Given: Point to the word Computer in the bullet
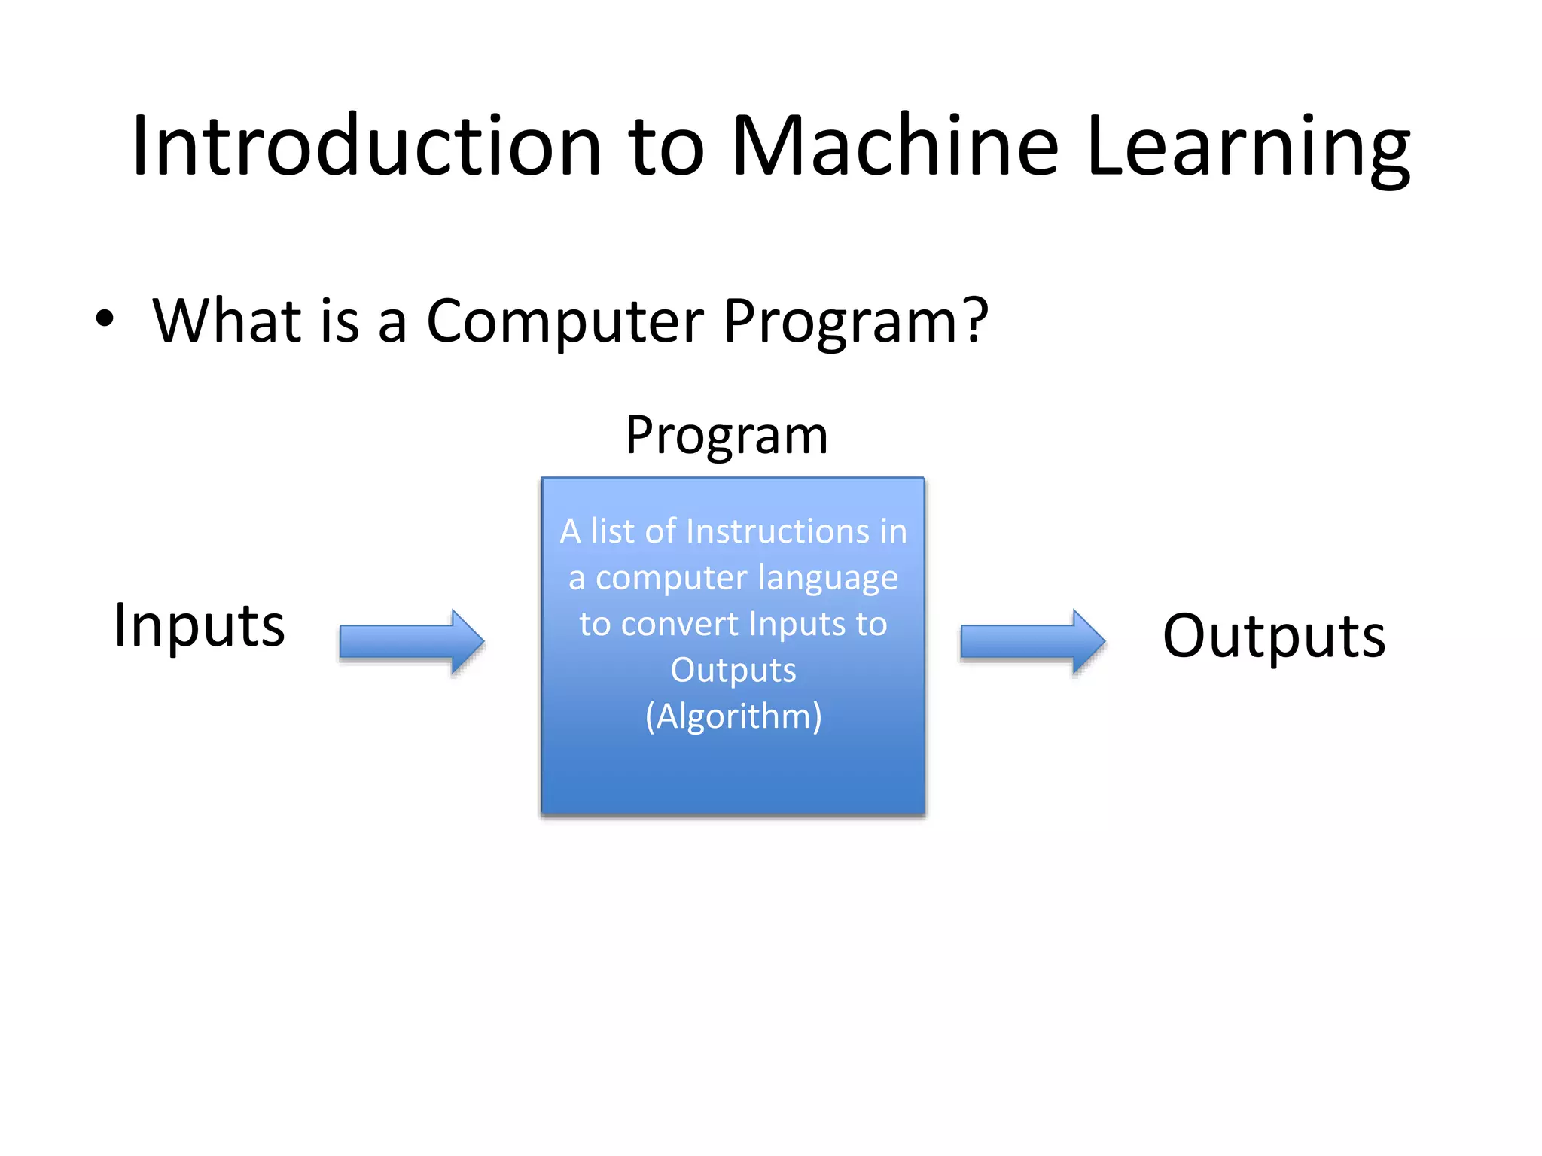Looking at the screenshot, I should [565, 321].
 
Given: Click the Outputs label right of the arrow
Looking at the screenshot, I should [1274, 636].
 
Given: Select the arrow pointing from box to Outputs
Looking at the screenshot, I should [1032, 641].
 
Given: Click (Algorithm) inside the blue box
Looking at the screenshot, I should [733, 716].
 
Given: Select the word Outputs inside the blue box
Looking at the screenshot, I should [733, 670].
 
